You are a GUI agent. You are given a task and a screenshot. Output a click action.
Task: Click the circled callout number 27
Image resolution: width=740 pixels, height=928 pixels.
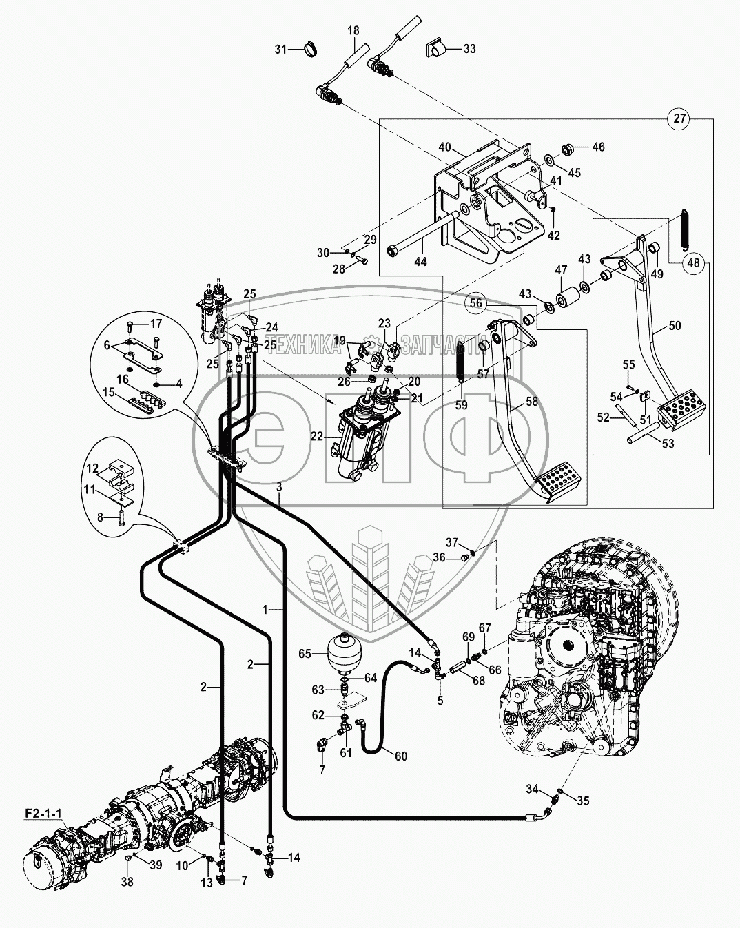[x=679, y=118]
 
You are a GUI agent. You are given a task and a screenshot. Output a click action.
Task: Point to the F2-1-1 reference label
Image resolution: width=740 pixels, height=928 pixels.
[x=43, y=813]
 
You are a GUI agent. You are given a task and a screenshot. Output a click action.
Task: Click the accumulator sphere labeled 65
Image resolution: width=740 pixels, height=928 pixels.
[x=342, y=651]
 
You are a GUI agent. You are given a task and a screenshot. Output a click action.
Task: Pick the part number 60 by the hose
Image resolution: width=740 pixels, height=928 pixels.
[x=401, y=756]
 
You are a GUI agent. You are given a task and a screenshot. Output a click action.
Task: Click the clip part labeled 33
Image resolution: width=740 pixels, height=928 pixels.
[x=437, y=48]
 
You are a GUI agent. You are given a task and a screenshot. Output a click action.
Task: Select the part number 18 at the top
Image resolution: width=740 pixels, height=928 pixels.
[x=353, y=30]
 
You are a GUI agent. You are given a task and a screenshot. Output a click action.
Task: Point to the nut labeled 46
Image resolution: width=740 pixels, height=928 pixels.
[x=571, y=147]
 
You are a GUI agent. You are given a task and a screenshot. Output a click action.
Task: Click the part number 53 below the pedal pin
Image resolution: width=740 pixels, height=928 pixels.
[x=668, y=444]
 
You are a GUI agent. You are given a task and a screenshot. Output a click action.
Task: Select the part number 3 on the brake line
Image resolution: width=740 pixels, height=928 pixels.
[x=279, y=487]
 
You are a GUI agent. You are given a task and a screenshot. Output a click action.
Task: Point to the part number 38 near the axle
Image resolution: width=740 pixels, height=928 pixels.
[x=128, y=880]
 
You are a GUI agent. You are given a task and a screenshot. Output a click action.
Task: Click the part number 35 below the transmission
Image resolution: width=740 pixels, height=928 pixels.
[x=583, y=801]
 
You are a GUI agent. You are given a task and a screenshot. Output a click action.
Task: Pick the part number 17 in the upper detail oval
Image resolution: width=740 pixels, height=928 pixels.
[x=156, y=323]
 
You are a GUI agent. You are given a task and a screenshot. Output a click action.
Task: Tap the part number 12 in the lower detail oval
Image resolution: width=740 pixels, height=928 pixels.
[x=92, y=468]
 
